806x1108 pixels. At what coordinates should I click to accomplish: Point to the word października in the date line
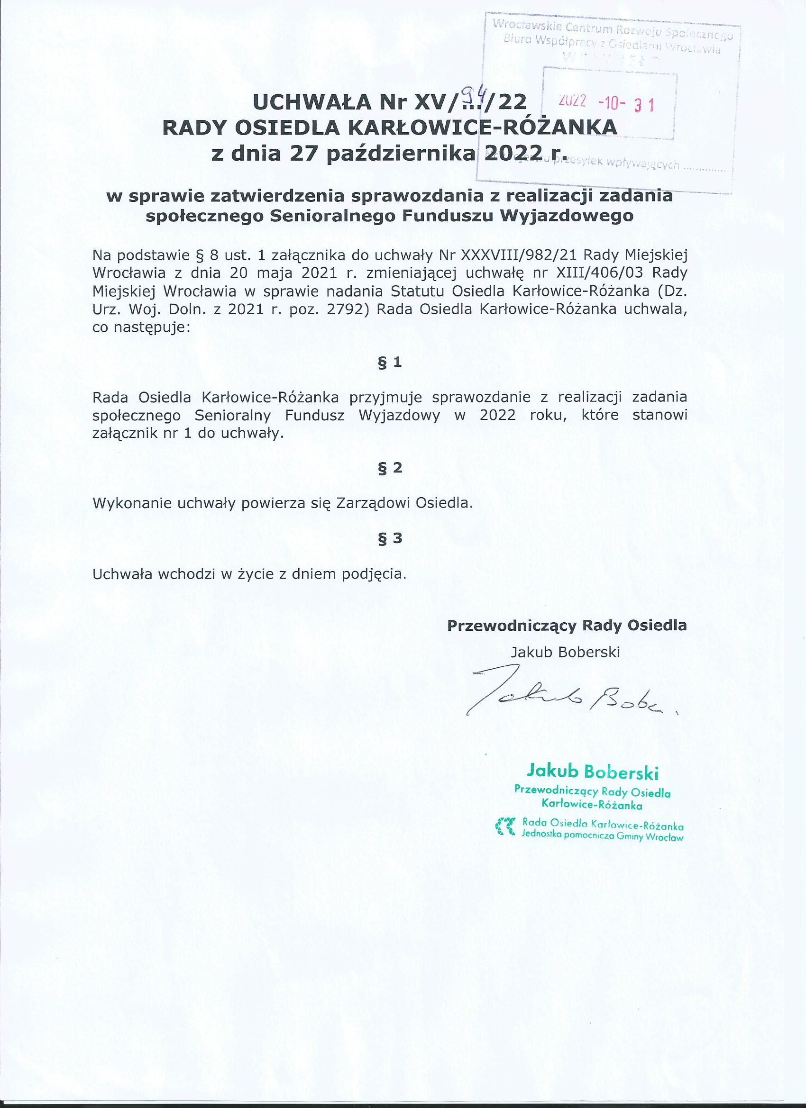pos(401,154)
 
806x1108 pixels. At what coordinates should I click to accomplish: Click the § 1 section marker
pos(390,362)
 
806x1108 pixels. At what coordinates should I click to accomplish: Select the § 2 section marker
pos(390,468)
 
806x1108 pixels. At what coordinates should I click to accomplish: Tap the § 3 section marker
pos(390,538)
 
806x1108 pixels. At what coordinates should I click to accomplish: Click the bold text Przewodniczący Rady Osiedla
pos(567,626)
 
